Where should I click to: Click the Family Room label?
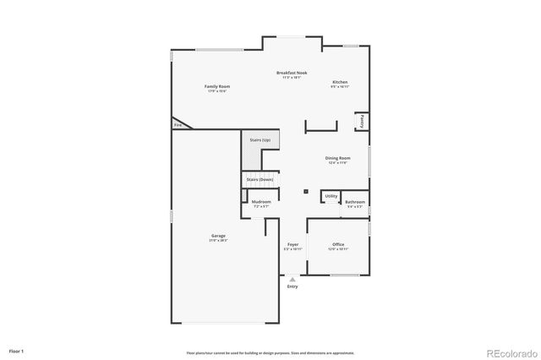pos(218,87)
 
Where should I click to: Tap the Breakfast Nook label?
pos(292,74)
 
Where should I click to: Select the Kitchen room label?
pos(340,82)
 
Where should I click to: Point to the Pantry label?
pos(361,121)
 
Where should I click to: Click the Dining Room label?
pos(338,158)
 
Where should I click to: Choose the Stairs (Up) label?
pos(260,139)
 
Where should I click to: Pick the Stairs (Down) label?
pos(260,179)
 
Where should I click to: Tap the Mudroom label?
pos(261,202)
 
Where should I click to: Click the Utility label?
pos(331,196)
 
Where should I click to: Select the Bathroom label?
pos(355,202)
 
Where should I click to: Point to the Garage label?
pos(218,236)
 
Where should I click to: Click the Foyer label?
pos(292,244)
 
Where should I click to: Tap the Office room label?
pos(338,244)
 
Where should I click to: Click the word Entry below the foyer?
pos(292,286)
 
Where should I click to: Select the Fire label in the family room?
pos(178,125)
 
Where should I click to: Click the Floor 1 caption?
pos(16,350)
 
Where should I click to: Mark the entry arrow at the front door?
pos(292,278)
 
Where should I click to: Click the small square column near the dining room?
pos(306,191)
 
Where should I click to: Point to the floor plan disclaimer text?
pos(270,352)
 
